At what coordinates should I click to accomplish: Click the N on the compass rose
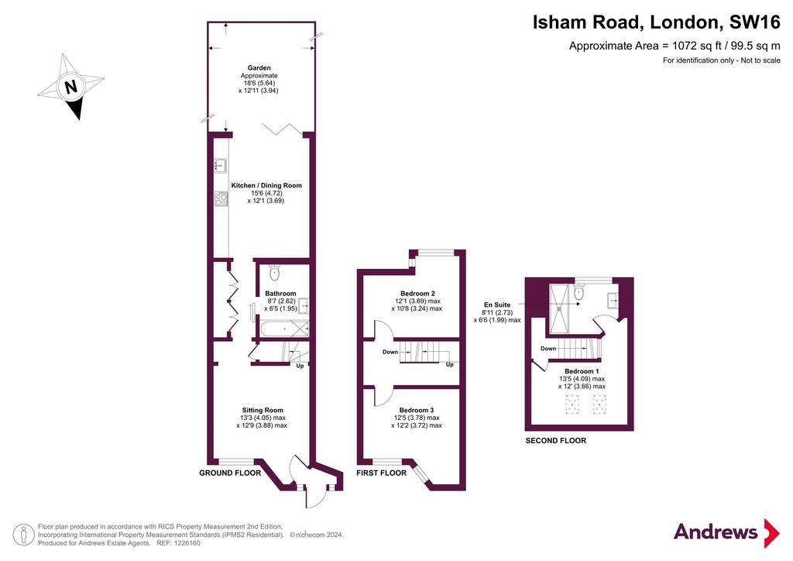point(71,87)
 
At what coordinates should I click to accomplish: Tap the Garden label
point(259,67)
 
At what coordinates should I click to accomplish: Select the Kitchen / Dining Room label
point(266,186)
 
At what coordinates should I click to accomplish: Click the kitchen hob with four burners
point(221,198)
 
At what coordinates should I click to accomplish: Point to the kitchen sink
point(221,165)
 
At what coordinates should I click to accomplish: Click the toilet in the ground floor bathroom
point(275,272)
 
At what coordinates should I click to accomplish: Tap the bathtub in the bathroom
point(283,329)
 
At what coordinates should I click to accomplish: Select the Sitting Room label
point(263,410)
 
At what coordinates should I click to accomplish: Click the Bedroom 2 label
point(417,294)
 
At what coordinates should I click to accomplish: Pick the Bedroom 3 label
point(417,410)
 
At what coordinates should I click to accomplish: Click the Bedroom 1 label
point(582,371)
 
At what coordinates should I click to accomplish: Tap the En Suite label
point(497,305)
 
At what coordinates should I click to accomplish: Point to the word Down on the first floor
point(390,352)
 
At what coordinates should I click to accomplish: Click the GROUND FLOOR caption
point(230,473)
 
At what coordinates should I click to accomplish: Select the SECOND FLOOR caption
point(556,441)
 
